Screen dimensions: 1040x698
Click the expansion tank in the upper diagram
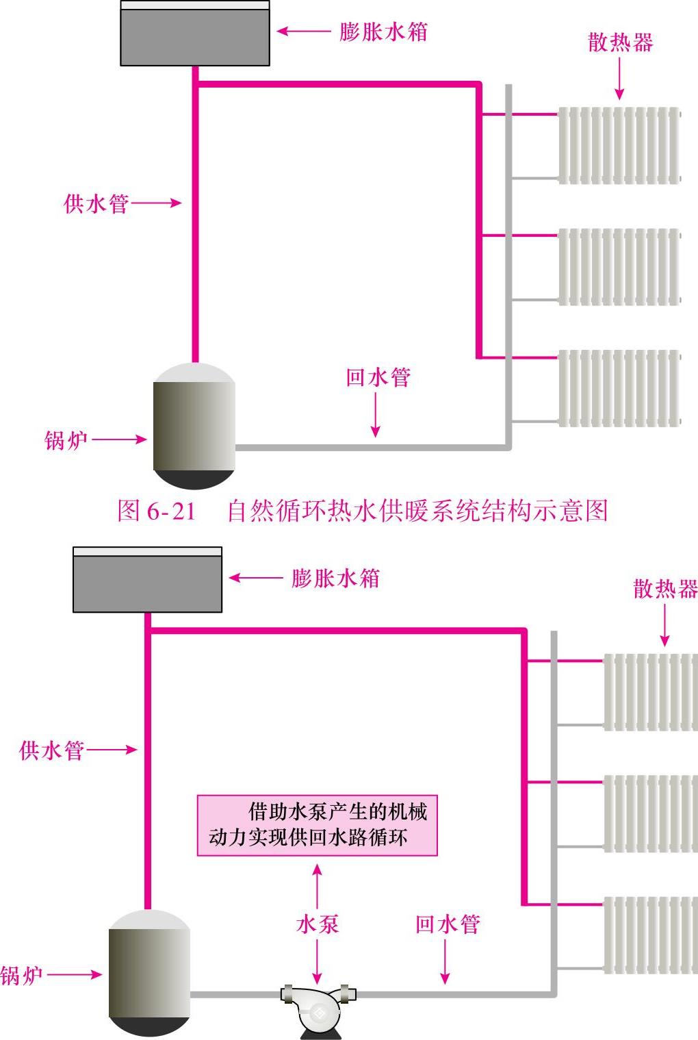coord(195,34)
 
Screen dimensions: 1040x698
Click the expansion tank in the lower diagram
coord(147,580)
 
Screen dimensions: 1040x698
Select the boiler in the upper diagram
coord(194,426)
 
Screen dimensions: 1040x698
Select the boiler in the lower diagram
coord(149,973)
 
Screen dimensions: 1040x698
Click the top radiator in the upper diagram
coord(619,145)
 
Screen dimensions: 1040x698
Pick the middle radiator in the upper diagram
coord(619,266)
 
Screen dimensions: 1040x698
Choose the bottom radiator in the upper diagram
coord(619,388)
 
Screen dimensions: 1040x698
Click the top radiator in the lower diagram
coord(650,692)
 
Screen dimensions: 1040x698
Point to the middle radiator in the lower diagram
coord(650,813)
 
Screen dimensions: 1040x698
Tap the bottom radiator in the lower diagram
coord(650,935)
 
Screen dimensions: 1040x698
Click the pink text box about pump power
coord(317,825)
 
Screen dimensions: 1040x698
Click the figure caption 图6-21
coord(363,511)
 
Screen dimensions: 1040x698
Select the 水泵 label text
coord(318,924)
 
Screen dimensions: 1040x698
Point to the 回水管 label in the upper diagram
coord(378,377)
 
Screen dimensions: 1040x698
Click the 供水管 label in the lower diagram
coord(51,750)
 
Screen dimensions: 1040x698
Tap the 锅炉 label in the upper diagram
coord(66,440)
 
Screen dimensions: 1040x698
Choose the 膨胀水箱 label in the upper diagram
coord(383,31)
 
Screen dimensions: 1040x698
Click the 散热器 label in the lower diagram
coord(665,589)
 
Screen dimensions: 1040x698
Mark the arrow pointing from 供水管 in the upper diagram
coord(156,203)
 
